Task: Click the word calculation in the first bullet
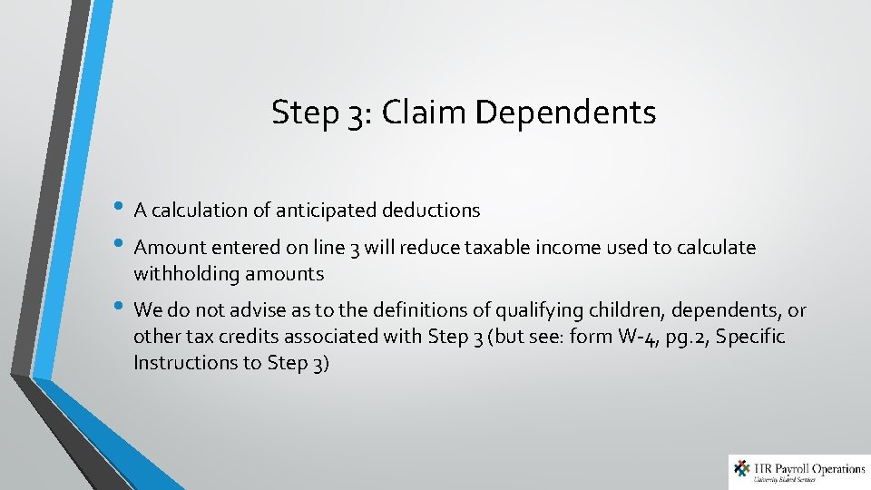point(199,211)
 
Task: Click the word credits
point(243,337)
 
